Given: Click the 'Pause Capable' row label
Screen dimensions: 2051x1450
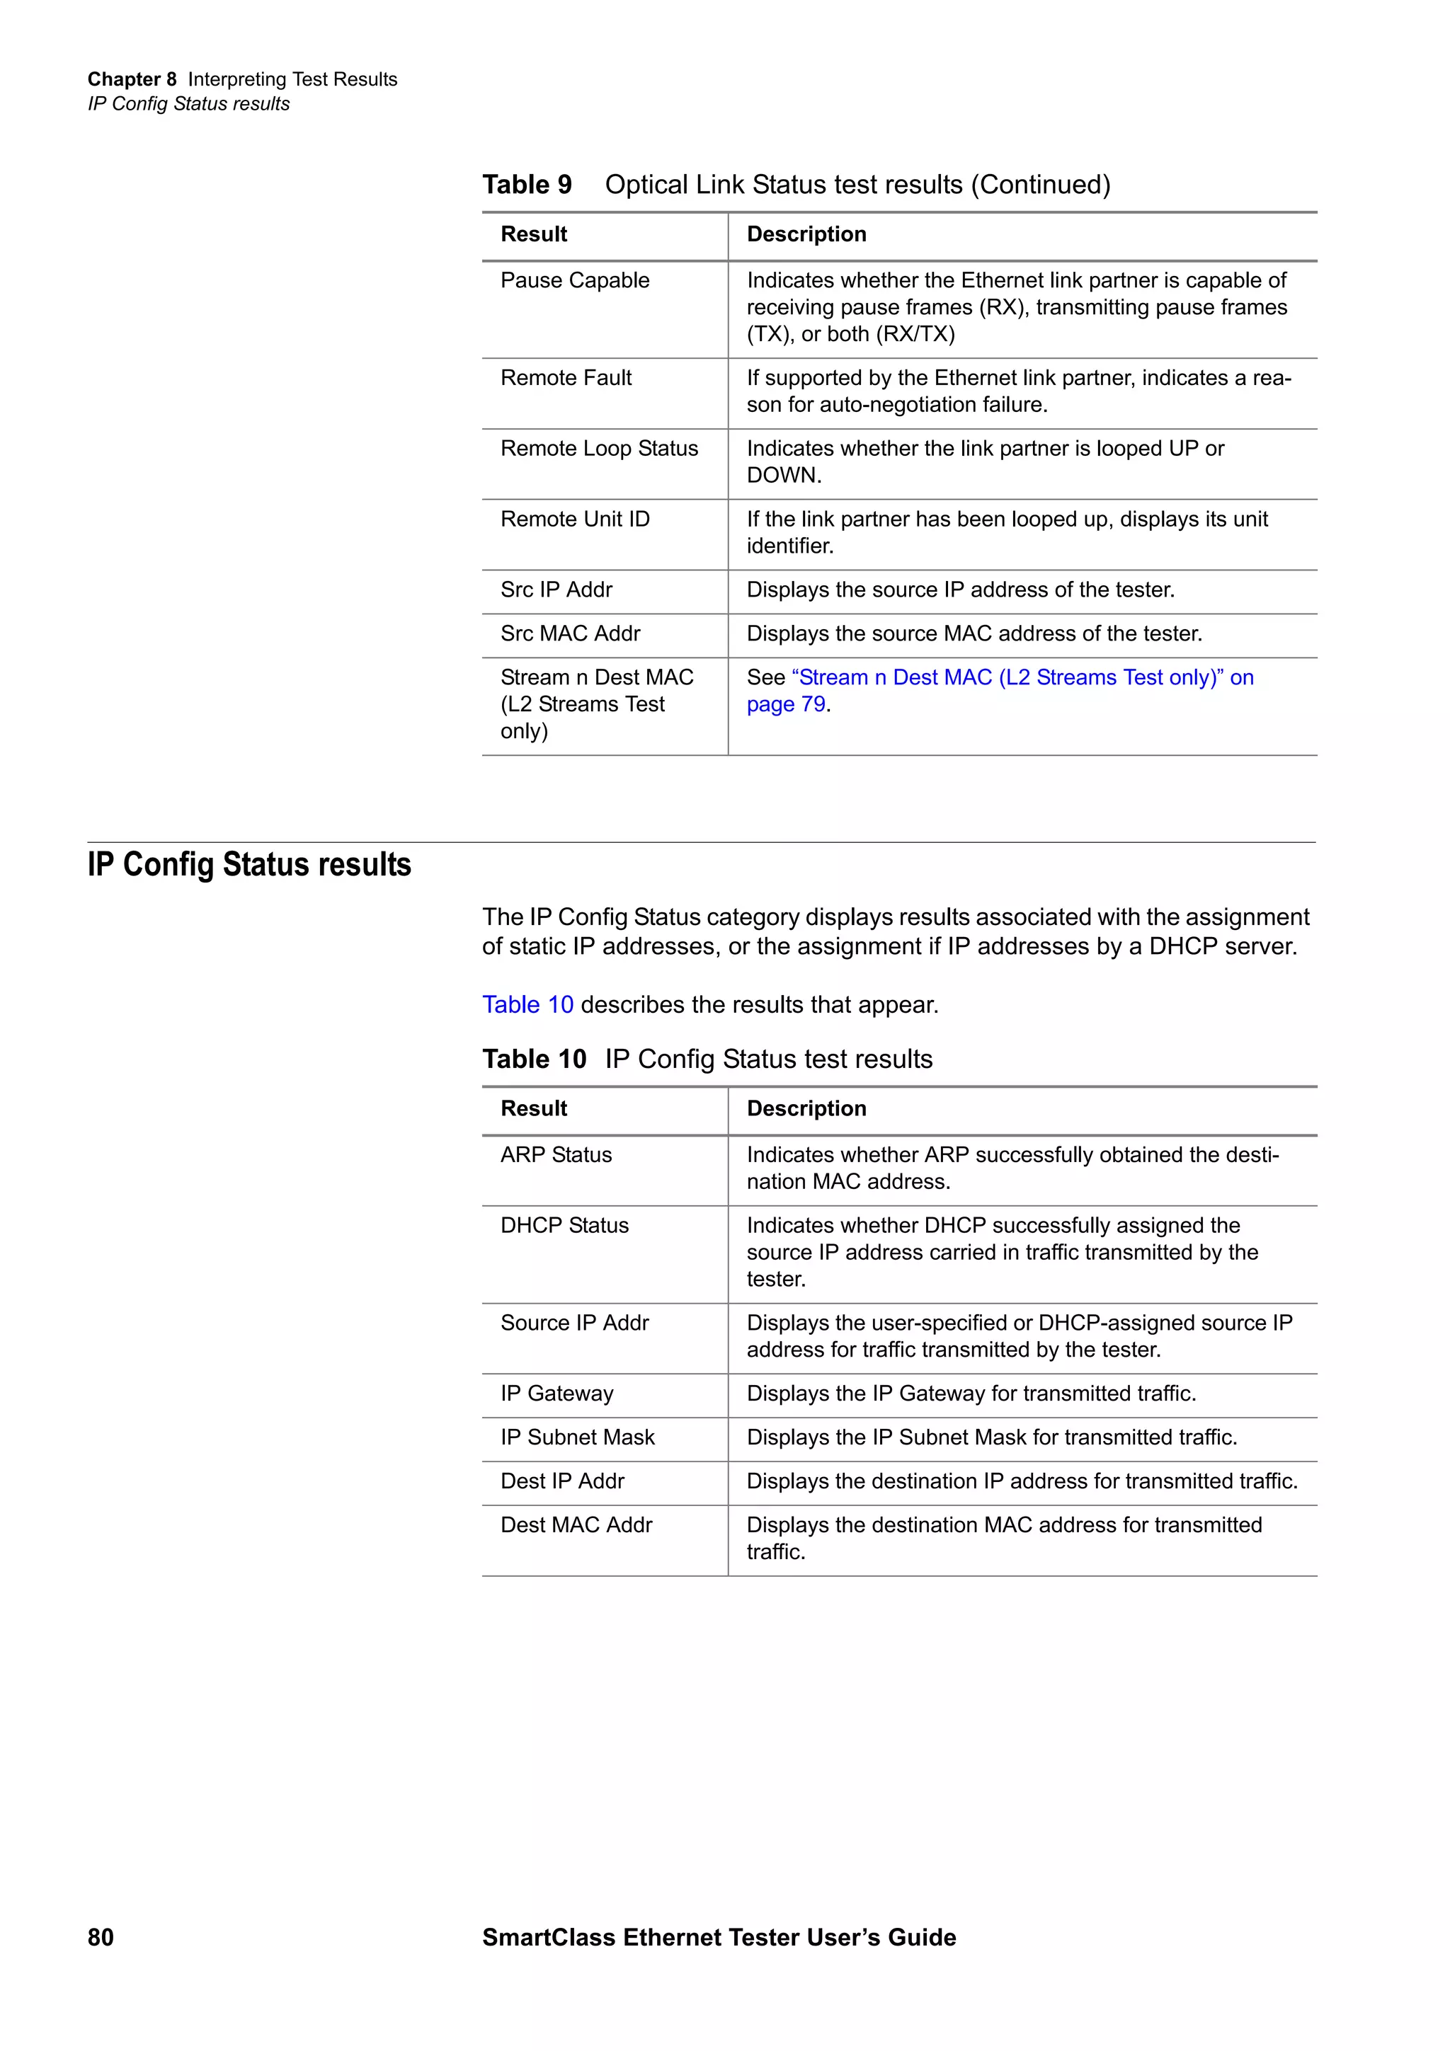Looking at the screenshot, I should pos(574,280).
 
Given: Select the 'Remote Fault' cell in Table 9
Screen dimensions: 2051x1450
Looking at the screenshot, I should pos(566,378).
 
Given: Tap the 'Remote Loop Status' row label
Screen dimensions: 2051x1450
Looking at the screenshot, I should pos(598,449).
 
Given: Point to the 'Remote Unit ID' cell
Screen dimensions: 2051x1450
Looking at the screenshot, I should pos(574,519).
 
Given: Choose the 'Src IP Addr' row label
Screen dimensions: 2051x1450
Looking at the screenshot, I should pos(556,590).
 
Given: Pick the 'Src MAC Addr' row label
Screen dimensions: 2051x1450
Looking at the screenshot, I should pos(570,633).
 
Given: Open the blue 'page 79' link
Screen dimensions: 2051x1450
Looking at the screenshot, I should pos(785,705).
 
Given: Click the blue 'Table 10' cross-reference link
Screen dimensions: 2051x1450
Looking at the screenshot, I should pos(527,1005).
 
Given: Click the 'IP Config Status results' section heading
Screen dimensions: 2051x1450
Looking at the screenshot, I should pos(249,865).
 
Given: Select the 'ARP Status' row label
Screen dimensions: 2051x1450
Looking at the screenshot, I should pos(556,1155).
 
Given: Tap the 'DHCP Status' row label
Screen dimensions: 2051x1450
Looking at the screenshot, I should pos(564,1226).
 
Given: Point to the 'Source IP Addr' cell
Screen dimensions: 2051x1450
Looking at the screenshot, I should pos(574,1323).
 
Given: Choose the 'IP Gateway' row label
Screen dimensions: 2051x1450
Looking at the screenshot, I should pos(556,1394).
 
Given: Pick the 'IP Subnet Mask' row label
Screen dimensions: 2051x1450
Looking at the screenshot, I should pos(577,1437).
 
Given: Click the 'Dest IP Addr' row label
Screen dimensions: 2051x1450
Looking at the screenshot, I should pos(562,1481).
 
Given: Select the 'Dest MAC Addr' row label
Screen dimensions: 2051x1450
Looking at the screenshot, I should pos(576,1525).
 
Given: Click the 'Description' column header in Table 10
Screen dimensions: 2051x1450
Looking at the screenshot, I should pos(806,1108).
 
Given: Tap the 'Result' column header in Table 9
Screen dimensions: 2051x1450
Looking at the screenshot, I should pos(533,234).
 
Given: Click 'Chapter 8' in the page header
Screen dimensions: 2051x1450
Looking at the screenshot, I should pos(131,79).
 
